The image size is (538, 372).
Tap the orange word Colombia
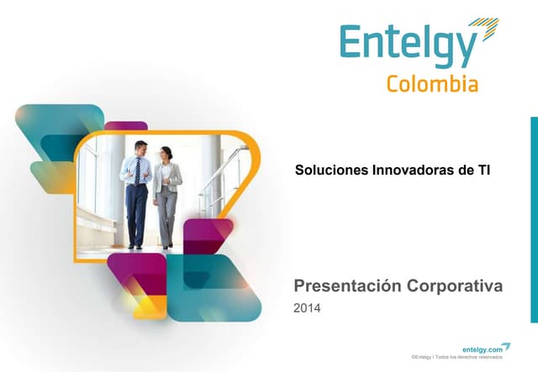[x=432, y=84]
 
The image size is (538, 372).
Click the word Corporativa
[x=455, y=286]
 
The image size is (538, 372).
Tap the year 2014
[x=307, y=309]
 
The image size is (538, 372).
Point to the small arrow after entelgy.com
[x=506, y=346]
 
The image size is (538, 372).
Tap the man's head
[x=140, y=149]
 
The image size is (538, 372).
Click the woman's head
[x=166, y=154]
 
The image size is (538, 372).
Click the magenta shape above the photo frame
[x=126, y=126]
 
